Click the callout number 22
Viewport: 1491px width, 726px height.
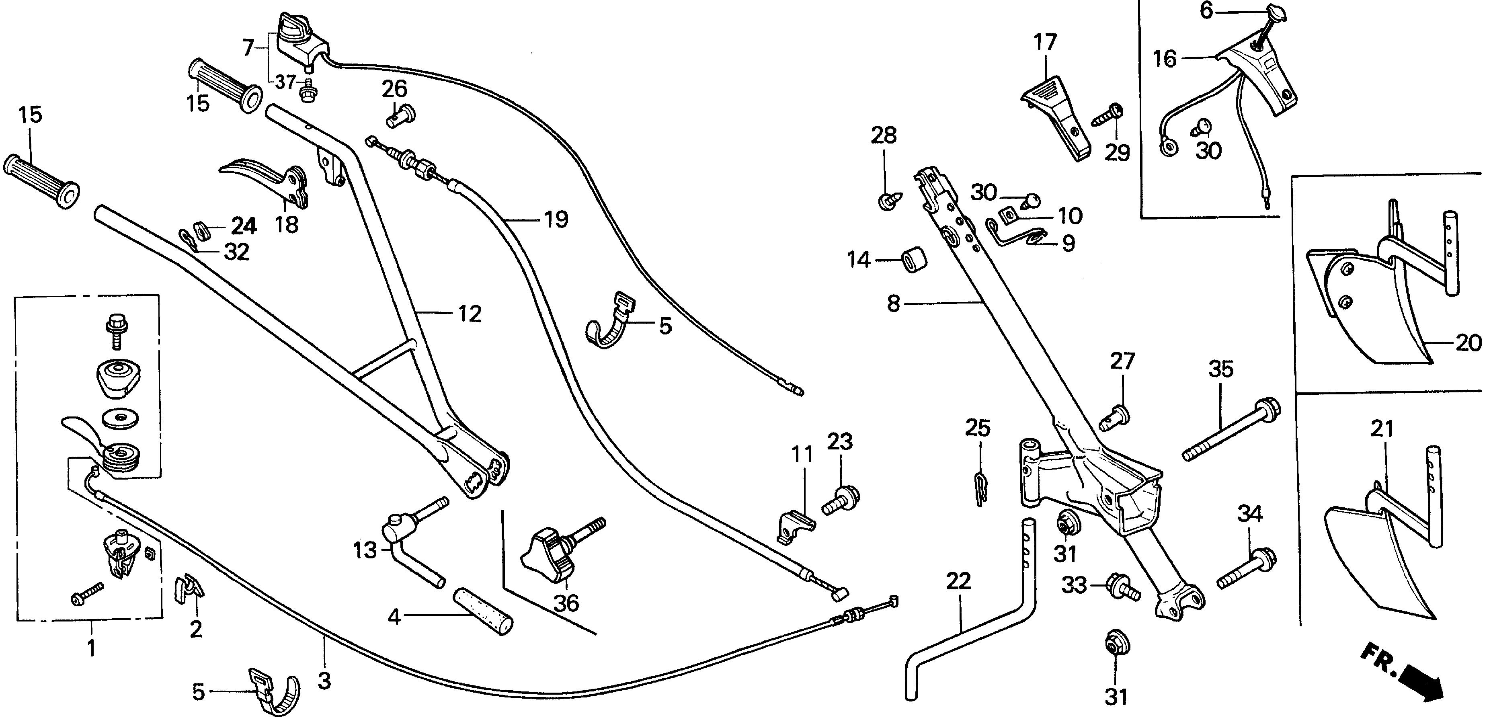[958, 581]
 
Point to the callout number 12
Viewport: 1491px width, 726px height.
[470, 314]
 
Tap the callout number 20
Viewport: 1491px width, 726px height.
[1468, 343]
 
